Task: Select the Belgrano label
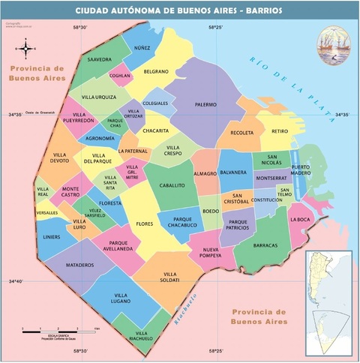click(x=156, y=72)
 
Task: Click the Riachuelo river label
click(x=185, y=308)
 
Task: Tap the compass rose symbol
click(x=26, y=49)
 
